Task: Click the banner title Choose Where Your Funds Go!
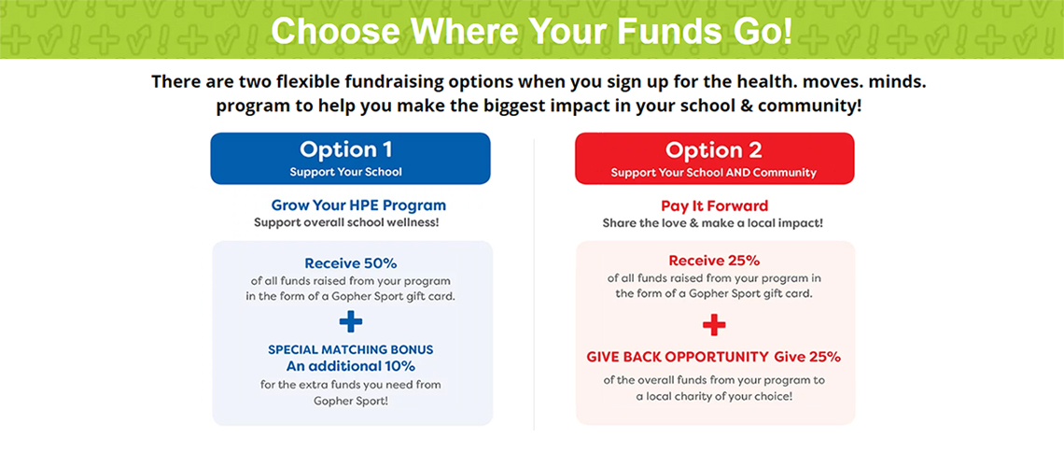tap(531, 31)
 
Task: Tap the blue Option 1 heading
tap(346, 149)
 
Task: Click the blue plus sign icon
tap(351, 321)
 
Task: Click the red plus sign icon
tap(714, 325)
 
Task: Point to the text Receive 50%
tap(350, 263)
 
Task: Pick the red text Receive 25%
tap(714, 261)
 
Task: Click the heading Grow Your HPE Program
tap(358, 205)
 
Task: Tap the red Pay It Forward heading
tap(714, 205)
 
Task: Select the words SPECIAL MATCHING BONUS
tap(350, 350)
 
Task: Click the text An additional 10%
tap(350, 367)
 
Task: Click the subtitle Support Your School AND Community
tap(713, 173)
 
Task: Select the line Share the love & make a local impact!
tap(712, 223)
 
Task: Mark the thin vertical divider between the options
tap(534, 285)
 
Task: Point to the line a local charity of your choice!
tap(714, 396)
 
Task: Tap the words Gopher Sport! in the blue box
tap(350, 401)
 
